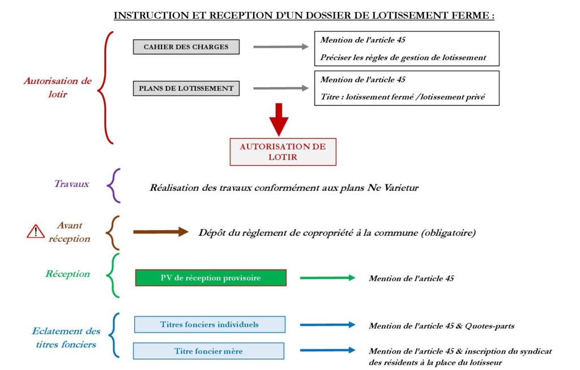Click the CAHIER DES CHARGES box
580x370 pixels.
pyautogui.click(x=186, y=47)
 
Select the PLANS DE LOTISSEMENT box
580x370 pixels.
pyautogui.click(x=186, y=88)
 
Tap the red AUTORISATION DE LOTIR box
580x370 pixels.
pyautogui.click(x=283, y=152)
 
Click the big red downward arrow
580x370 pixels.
pyautogui.click(x=279, y=120)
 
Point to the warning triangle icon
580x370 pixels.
pyautogui.click(x=36, y=231)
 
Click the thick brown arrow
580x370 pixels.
pyautogui.click(x=161, y=232)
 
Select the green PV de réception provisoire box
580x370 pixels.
pyautogui.click(x=211, y=278)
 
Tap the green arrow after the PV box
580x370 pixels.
pyautogui.click(x=328, y=278)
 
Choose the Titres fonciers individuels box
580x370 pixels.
pyautogui.click(x=210, y=325)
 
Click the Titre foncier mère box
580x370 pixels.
pyautogui.click(x=208, y=351)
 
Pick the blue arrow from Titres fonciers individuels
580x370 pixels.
pyautogui.click(x=328, y=325)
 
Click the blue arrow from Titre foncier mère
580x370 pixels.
pyautogui.click(x=328, y=350)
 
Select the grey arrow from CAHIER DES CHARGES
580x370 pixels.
pyautogui.click(x=281, y=46)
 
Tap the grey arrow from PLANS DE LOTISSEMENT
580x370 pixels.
pyautogui.click(x=281, y=88)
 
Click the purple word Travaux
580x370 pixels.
pyautogui.click(x=72, y=184)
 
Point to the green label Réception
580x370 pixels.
pyautogui.click(x=68, y=274)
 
